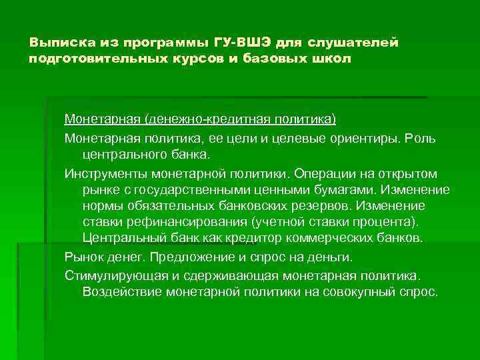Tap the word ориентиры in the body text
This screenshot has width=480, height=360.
click(x=363, y=138)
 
